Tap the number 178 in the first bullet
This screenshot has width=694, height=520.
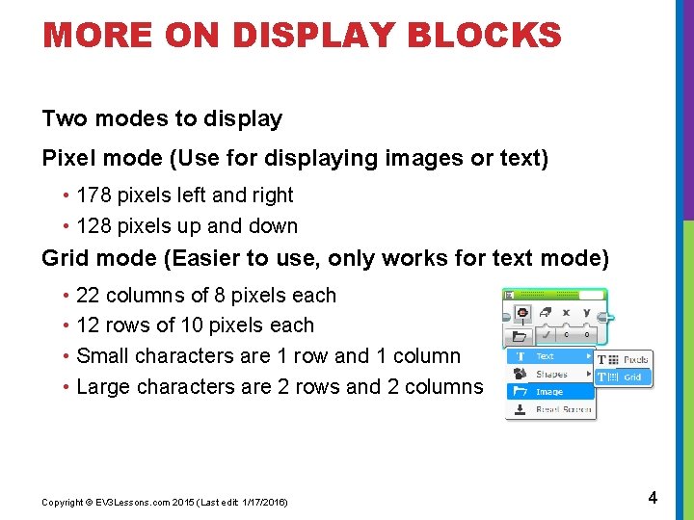[93, 195]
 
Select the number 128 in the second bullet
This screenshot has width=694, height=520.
[93, 226]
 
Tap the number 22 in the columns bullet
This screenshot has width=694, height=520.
[88, 296]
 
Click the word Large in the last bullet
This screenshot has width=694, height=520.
[103, 387]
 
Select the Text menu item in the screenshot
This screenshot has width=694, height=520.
[546, 356]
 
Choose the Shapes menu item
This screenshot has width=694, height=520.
[551, 374]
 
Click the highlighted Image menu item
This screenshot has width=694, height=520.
[549, 392]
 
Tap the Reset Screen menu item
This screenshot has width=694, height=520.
[564, 409]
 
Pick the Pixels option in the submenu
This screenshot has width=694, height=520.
[635, 360]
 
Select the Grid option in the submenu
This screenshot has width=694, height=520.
[631, 377]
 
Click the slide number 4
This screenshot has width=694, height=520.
[653, 498]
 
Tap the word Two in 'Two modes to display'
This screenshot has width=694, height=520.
[65, 119]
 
